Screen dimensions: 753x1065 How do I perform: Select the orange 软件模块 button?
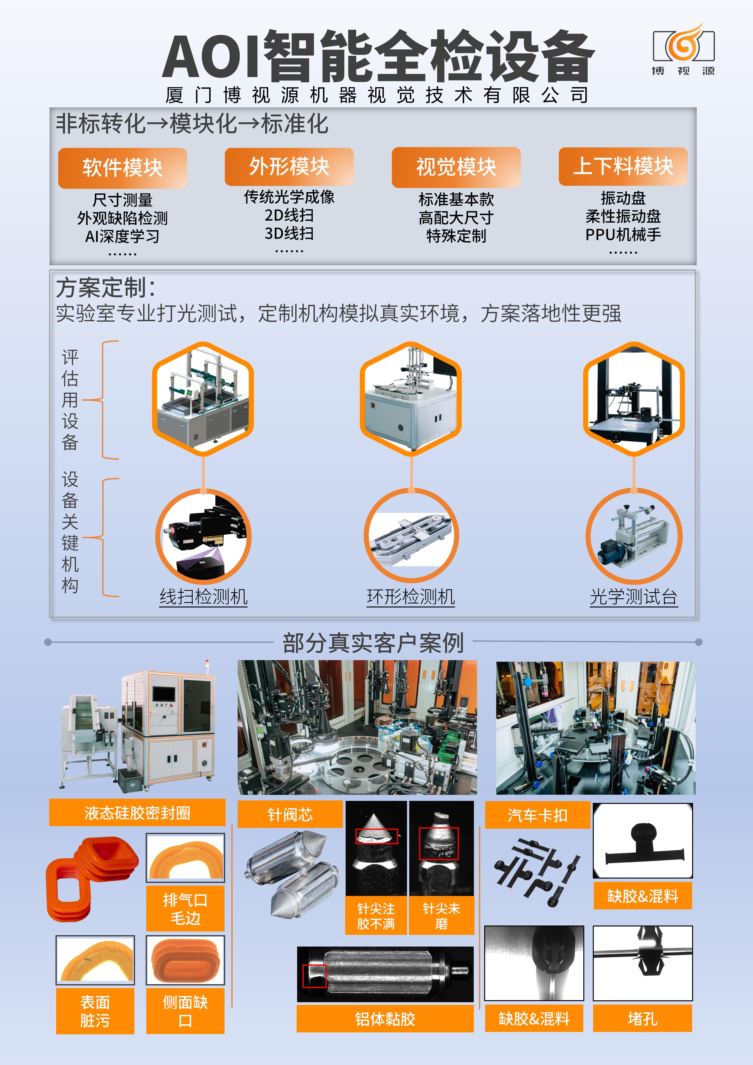122,168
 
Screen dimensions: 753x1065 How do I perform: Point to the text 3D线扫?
289,233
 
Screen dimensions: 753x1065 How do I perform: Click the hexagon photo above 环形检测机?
411,398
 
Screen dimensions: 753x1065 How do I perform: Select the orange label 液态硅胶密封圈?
137,813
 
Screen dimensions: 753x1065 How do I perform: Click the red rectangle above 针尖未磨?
439,843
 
